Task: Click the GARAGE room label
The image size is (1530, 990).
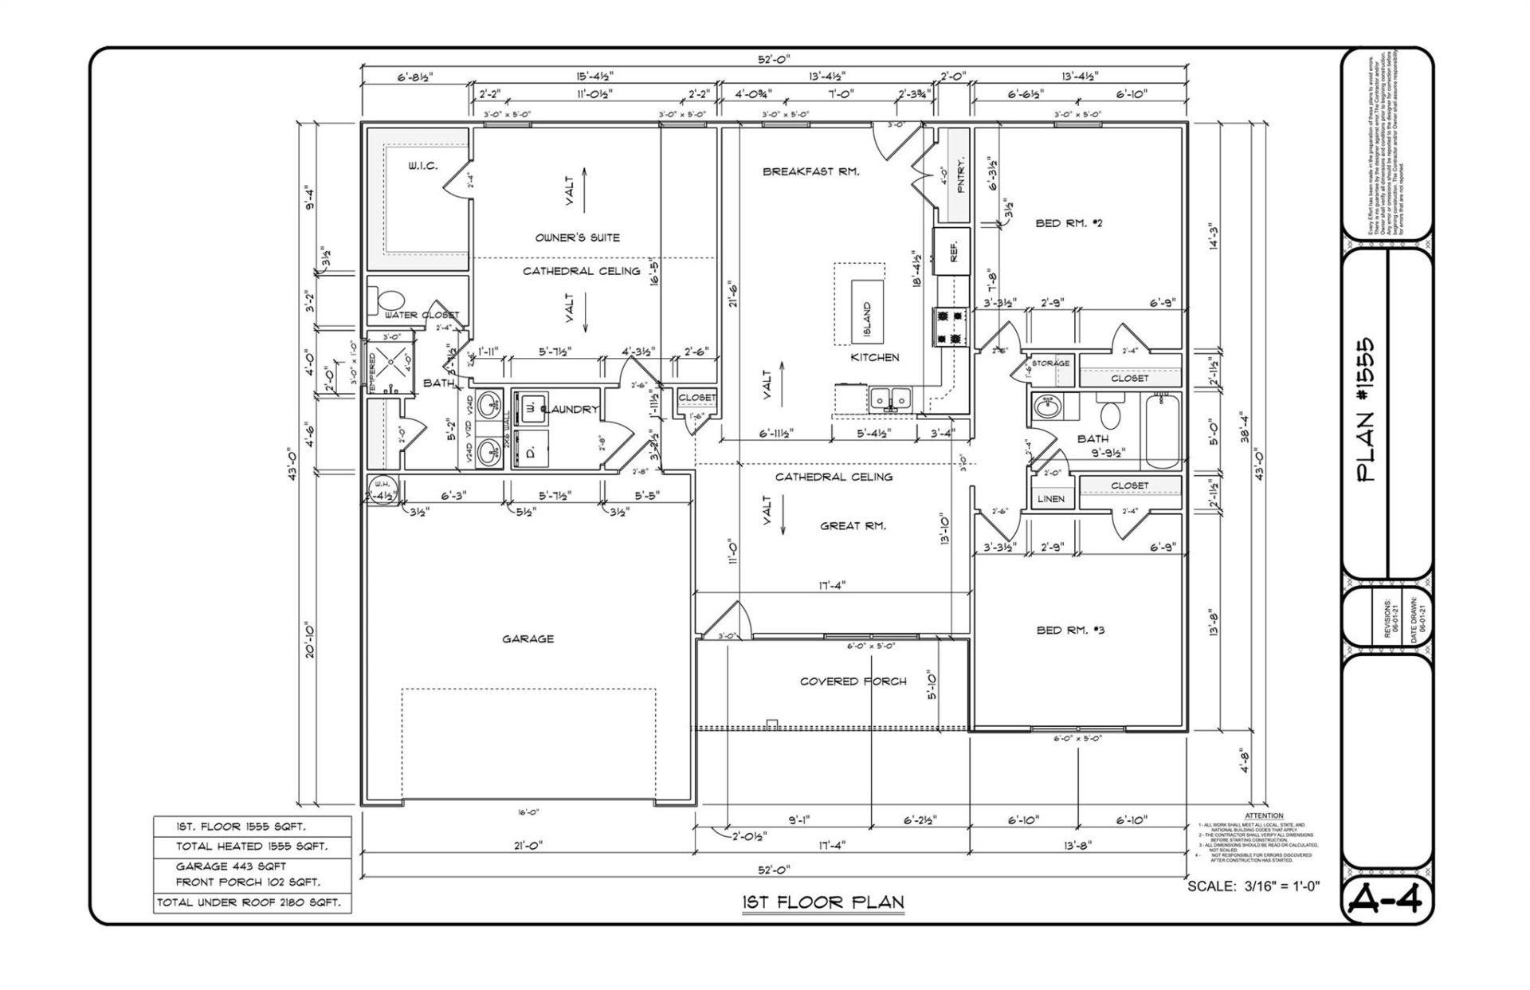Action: pos(528,638)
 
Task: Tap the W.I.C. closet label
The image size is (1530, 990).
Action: pos(422,167)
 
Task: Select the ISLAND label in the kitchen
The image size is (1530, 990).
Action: pos(867,318)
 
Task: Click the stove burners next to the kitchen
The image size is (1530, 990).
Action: pos(949,327)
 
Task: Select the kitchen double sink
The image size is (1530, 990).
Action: pos(891,397)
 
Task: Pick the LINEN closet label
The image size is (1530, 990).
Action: pos(1051,499)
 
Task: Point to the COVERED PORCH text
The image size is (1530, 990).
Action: pos(853,682)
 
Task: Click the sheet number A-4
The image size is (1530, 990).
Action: pos(1387,900)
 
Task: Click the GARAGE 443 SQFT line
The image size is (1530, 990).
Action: pos(231,866)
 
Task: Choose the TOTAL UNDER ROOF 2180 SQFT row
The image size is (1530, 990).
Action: pos(249,902)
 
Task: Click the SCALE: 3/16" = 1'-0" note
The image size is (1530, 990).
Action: pos(1253,886)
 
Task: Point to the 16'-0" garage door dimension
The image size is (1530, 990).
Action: pos(528,812)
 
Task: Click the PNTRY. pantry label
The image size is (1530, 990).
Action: pos(960,175)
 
